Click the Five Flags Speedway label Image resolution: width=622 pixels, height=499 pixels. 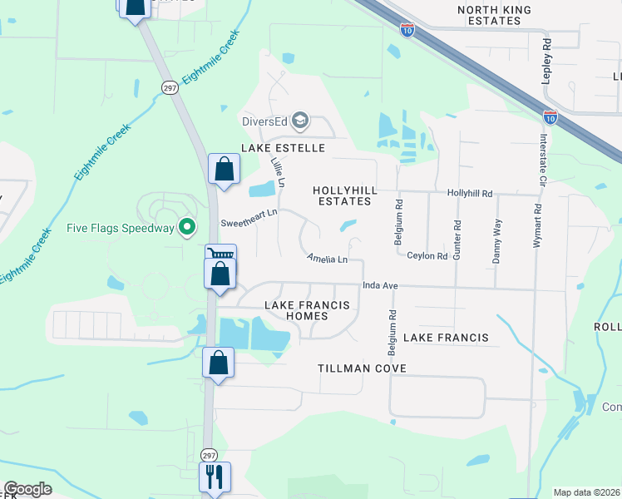point(121,228)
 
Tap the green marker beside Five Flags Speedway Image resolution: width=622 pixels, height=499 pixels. point(188,226)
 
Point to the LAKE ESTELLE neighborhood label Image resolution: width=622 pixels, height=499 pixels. point(283,148)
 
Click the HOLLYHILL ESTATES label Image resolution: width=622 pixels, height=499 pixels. point(345,195)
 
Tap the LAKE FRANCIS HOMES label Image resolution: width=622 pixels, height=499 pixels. point(307,310)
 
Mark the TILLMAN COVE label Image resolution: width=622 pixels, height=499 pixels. point(362,368)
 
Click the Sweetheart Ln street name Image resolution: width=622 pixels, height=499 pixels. point(248,223)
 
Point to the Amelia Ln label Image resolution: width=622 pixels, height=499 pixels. point(327,259)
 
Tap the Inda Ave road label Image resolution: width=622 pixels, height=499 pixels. point(380,286)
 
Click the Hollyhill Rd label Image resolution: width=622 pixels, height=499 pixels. point(470,193)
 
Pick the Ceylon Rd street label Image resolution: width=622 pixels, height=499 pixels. point(427,256)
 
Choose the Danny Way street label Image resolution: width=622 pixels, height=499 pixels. point(497,241)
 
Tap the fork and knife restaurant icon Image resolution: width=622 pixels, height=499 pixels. point(215,477)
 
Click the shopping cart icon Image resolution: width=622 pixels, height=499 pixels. point(222,254)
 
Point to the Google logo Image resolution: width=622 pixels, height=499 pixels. point(27,490)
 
